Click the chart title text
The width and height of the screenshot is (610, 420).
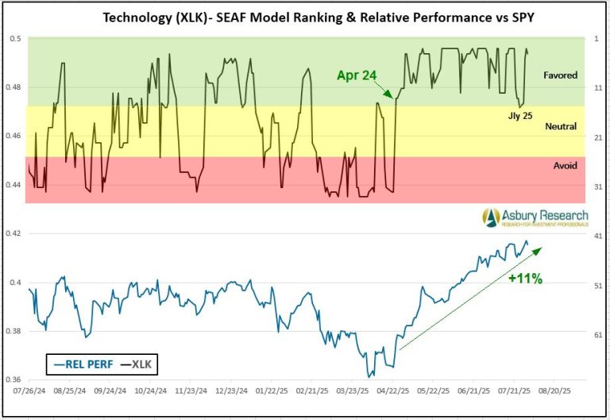click(x=305, y=17)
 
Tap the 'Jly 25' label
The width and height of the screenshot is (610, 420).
click(x=521, y=115)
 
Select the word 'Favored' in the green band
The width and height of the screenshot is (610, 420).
click(x=560, y=75)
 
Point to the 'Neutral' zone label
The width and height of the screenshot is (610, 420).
click(x=561, y=126)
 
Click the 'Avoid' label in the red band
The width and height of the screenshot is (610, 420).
click(x=565, y=165)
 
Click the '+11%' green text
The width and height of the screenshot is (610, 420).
click(x=525, y=279)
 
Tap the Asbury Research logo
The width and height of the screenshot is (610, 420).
click(x=534, y=216)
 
